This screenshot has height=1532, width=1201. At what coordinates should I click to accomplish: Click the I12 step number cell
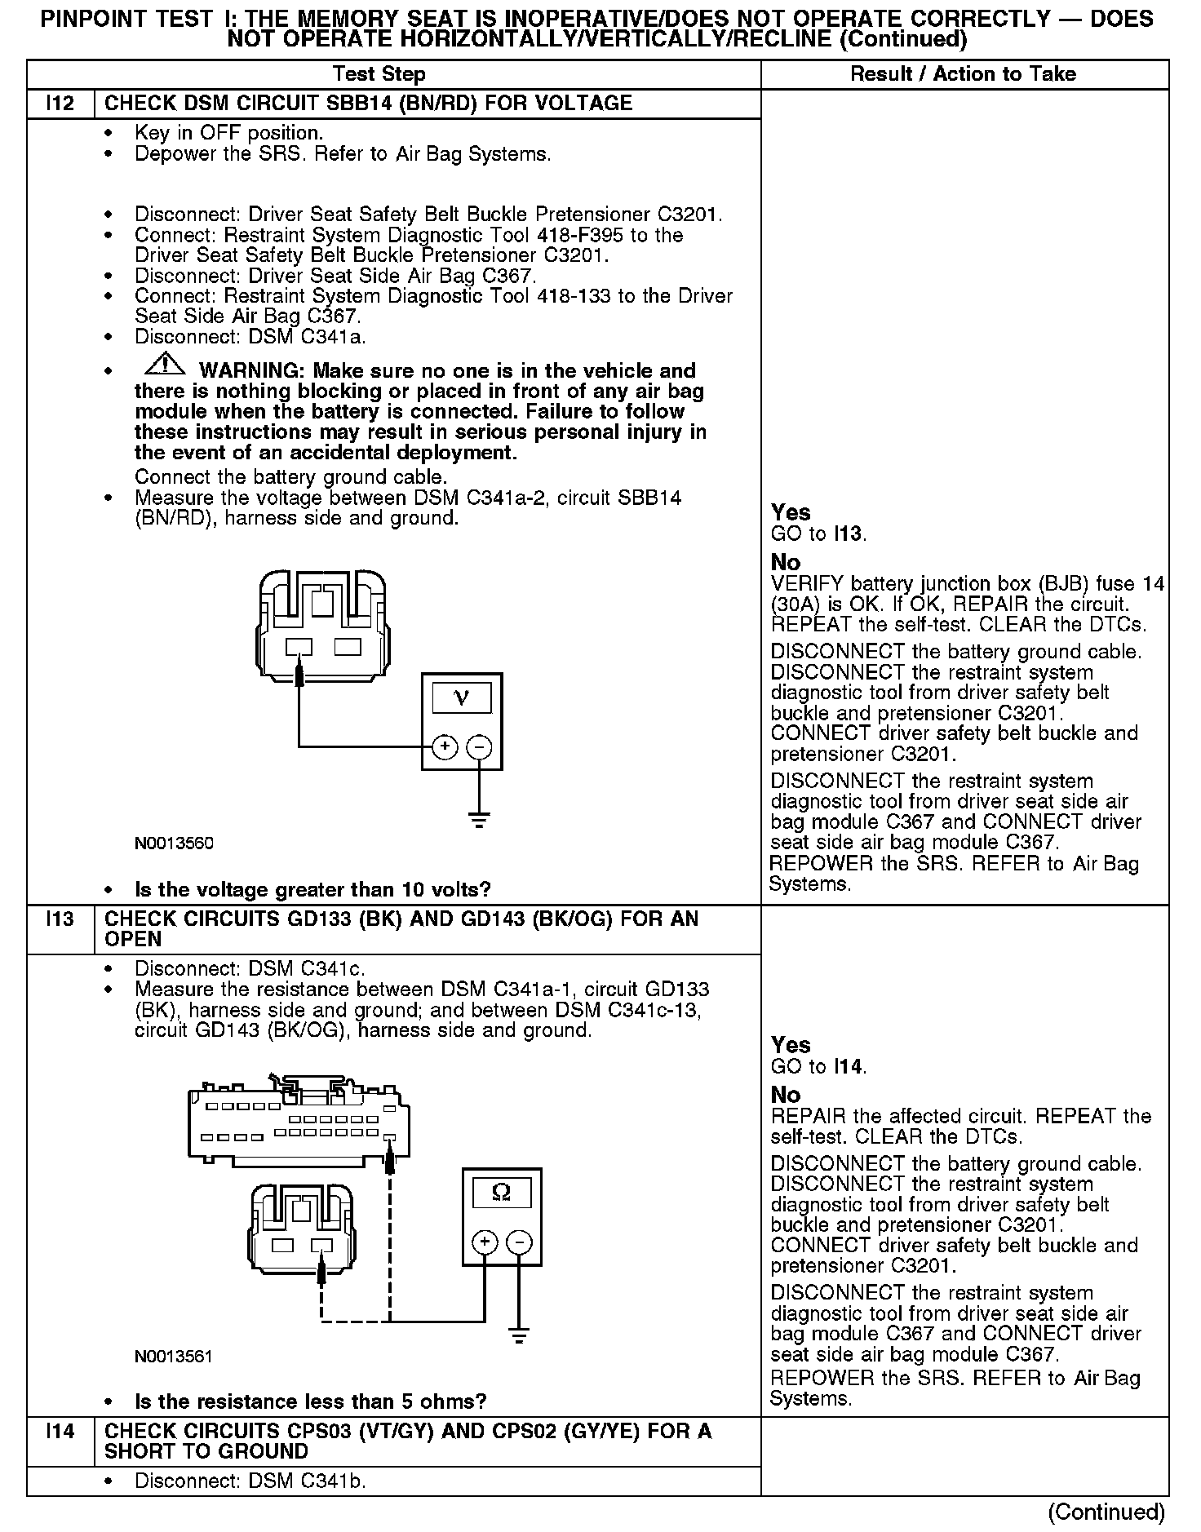(60, 104)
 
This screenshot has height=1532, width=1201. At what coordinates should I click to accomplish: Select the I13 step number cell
(60, 919)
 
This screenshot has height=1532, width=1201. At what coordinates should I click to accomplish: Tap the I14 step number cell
(60, 1431)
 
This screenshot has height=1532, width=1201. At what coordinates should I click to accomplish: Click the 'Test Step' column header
(379, 74)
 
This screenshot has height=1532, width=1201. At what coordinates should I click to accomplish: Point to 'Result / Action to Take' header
(963, 74)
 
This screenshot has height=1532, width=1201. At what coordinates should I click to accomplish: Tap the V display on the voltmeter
(462, 697)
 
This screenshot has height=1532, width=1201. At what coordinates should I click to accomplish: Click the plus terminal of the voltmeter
(445, 746)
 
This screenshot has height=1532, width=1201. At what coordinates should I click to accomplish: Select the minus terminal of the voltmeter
(479, 746)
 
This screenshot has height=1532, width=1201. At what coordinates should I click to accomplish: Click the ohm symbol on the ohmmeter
(502, 1193)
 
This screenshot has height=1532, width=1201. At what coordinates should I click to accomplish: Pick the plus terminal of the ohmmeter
(485, 1242)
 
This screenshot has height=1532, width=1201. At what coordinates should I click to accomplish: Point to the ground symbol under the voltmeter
(479, 820)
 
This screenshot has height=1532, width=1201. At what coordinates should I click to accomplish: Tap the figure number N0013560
(174, 843)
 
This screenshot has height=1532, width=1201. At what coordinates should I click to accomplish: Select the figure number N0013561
(174, 1357)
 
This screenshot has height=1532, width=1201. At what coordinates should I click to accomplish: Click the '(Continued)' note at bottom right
(1106, 1512)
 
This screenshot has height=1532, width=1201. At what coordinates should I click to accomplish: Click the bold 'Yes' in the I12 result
(791, 512)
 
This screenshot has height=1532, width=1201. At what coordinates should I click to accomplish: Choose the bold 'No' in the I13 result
(786, 1095)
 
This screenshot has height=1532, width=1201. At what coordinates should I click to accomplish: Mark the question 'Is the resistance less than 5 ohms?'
(310, 1401)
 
